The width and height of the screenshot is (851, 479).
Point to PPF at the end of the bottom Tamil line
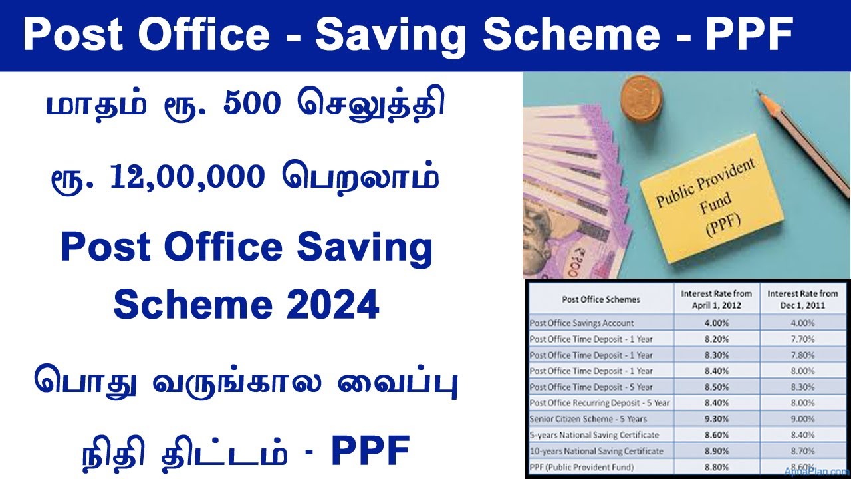click(370, 452)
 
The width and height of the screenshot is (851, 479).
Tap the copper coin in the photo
click(640, 98)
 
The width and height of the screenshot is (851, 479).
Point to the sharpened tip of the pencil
click(761, 97)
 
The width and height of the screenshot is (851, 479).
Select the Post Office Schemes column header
click(600, 299)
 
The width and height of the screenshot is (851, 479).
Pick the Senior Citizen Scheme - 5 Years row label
click(578, 419)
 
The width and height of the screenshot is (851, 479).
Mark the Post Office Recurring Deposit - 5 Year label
click(599, 403)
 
